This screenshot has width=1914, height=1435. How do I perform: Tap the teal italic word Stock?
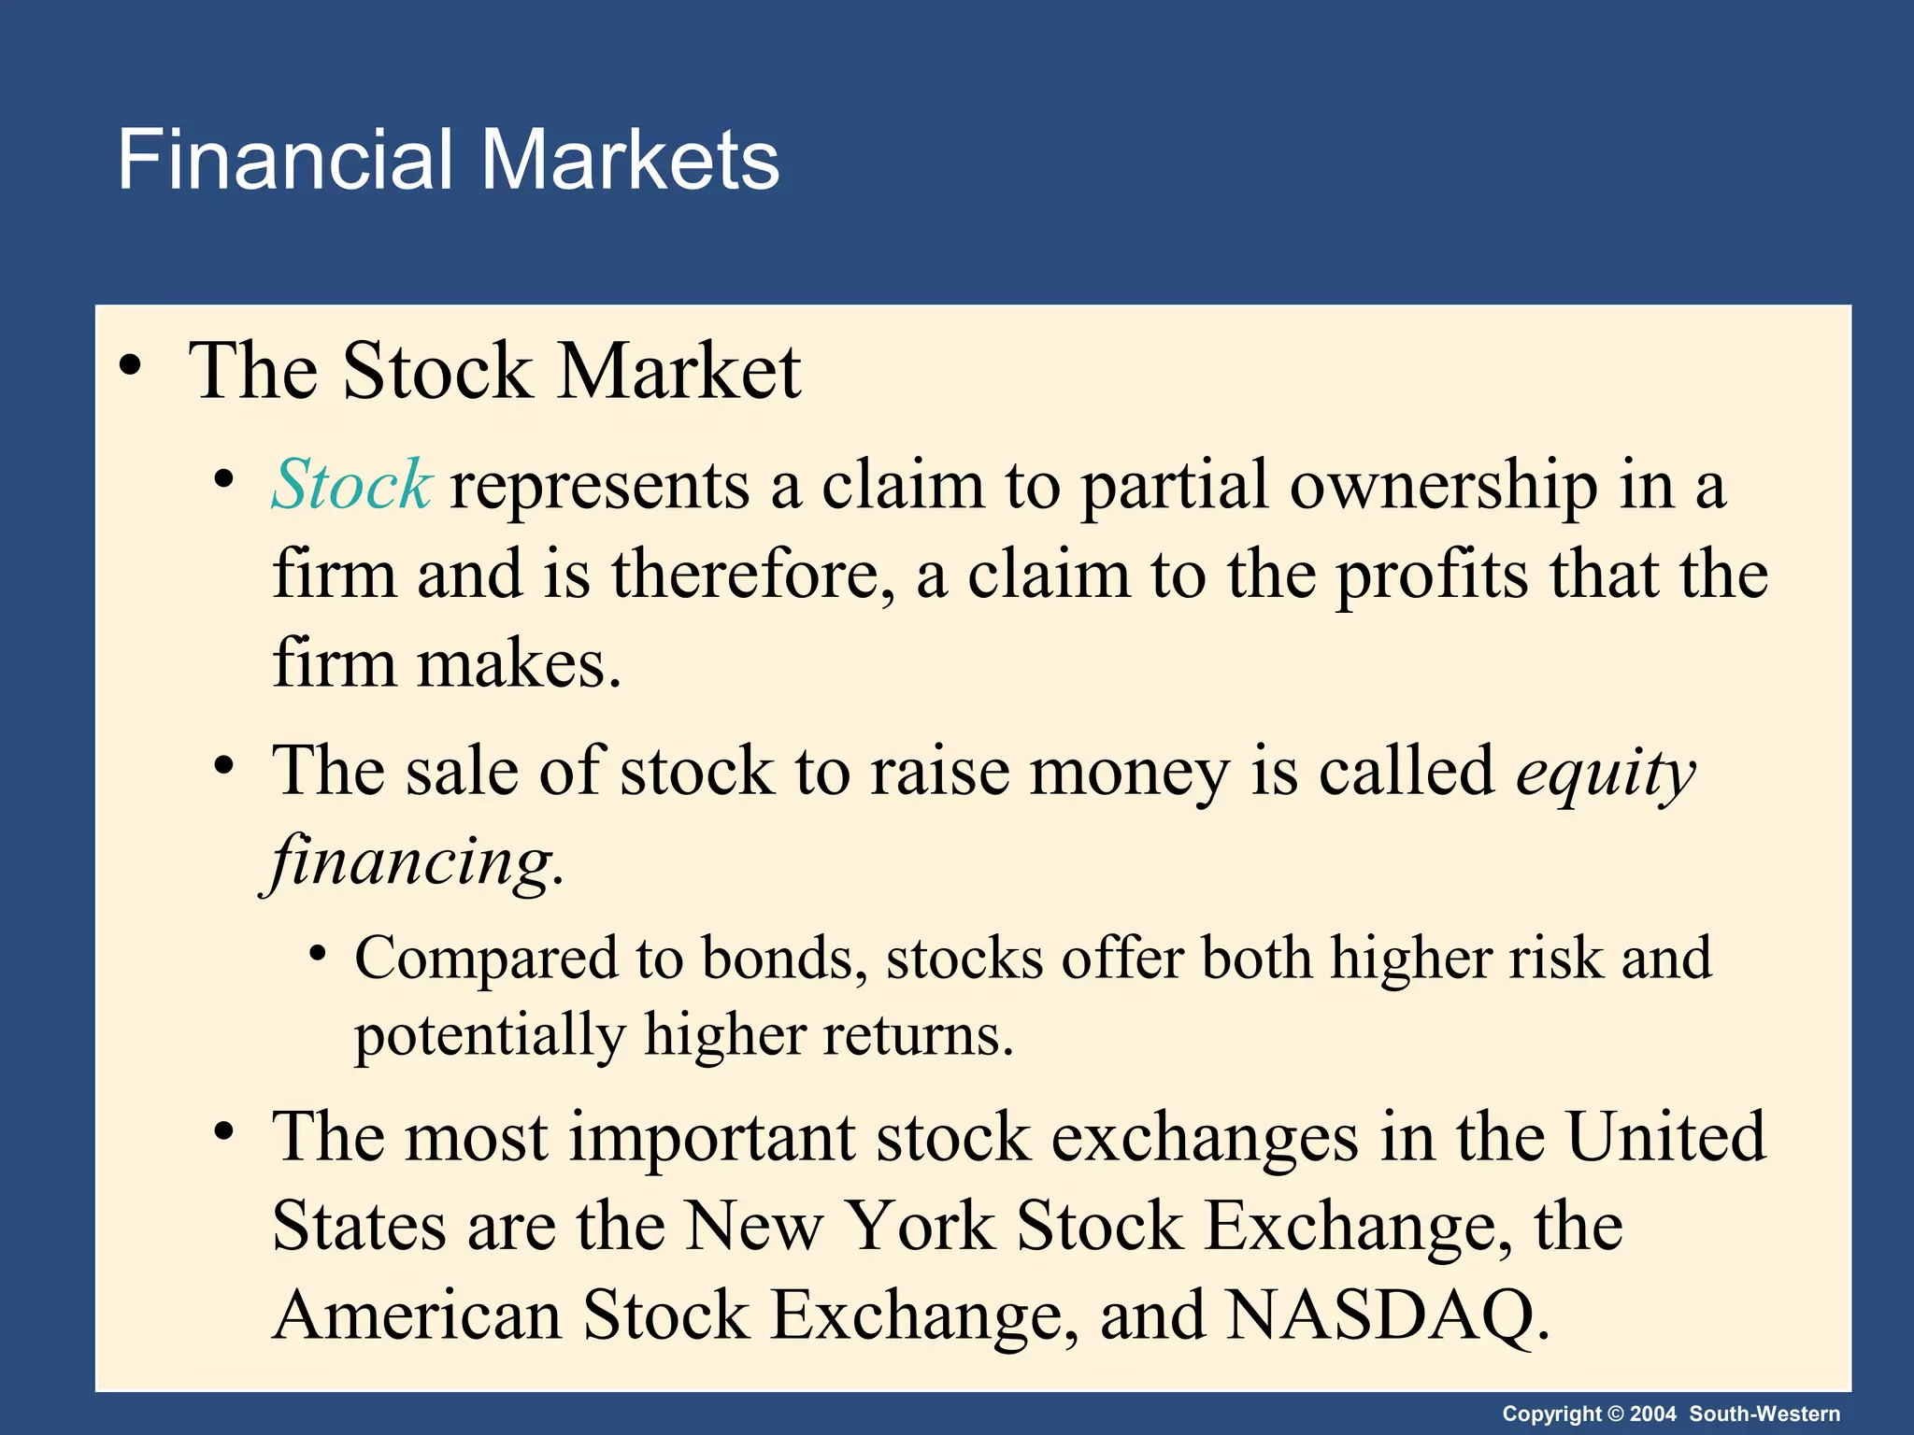(x=350, y=486)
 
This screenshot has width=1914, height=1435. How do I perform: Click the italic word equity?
(x=1605, y=774)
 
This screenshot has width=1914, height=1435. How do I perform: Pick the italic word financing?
(x=411, y=861)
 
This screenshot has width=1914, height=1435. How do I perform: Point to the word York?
(x=921, y=1226)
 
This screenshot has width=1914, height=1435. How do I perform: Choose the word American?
(x=417, y=1315)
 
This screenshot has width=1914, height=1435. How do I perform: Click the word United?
(x=1665, y=1138)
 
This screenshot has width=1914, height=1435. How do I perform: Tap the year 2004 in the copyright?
(x=1653, y=1414)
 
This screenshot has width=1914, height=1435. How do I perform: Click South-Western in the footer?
(x=1764, y=1414)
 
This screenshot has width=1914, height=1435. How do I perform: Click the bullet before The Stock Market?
(x=131, y=366)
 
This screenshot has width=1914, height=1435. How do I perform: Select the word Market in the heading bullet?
(x=678, y=372)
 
